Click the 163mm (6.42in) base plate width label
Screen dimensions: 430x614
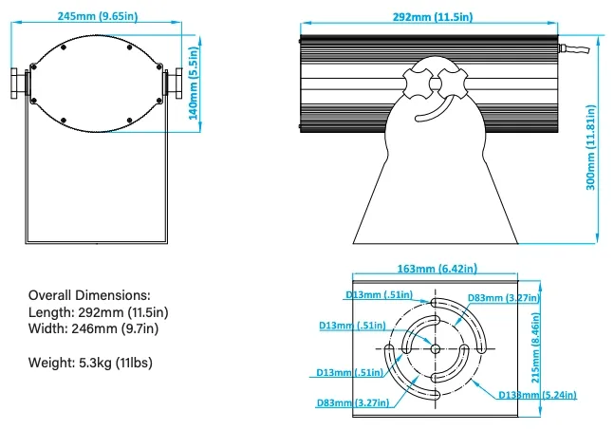(435, 270)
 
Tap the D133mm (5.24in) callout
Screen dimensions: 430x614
(539, 394)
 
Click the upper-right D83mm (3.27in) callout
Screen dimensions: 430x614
(502, 298)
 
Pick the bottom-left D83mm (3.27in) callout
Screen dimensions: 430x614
(352, 402)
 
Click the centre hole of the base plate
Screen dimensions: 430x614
(435, 349)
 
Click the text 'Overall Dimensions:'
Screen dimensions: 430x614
(89, 295)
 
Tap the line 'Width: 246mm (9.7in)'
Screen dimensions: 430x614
(94, 329)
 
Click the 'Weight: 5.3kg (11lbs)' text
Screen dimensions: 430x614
(90, 363)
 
